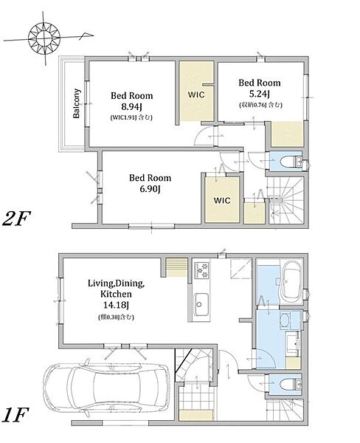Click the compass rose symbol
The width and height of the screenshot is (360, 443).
pyautogui.click(x=44, y=38)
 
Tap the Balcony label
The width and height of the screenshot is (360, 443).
pyautogui.click(x=77, y=103)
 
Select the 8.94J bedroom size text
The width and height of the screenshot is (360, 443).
pyautogui.click(x=131, y=107)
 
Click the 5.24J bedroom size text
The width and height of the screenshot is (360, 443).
pyautogui.click(x=260, y=94)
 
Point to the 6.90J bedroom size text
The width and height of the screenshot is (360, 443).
pyautogui.click(x=150, y=189)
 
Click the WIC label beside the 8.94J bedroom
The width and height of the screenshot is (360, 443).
pyautogui.click(x=196, y=95)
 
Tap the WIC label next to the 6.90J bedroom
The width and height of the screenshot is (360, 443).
pyautogui.click(x=222, y=200)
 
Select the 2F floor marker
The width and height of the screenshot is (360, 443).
pyautogui.click(x=16, y=219)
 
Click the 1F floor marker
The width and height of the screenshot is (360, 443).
pyautogui.click(x=15, y=415)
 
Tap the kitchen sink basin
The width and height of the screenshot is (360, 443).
pyautogui.click(x=201, y=306)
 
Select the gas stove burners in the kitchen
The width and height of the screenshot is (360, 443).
pyautogui.click(x=202, y=269)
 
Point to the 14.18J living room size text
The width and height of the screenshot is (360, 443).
pyautogui.click(x=116, y=306)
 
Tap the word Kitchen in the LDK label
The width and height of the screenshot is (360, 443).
pyautogui.click(x=116, y=294)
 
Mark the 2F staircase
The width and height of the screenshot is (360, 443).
pyautogui.click(x=285, y=199)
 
